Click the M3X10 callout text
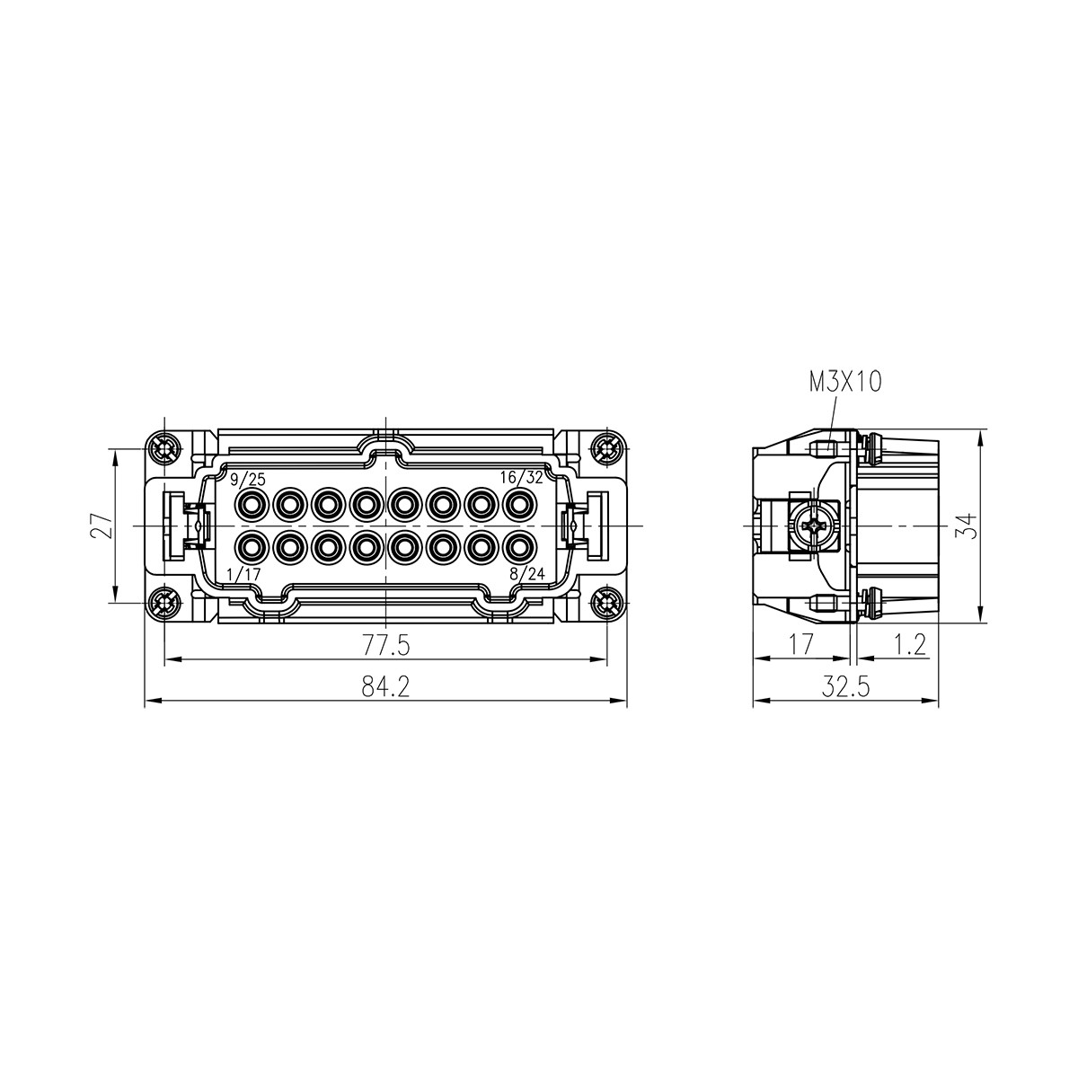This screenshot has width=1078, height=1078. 845,383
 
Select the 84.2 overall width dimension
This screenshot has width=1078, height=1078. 385,687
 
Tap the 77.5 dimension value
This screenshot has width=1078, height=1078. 385,645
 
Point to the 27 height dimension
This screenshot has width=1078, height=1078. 102,525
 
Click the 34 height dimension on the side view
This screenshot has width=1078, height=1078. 966,525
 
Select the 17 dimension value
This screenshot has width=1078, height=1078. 800,644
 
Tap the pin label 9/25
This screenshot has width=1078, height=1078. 247,478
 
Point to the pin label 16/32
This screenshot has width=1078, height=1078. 522,478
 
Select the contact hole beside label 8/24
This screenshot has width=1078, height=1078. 518,545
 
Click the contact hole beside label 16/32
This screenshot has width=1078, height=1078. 518,504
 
